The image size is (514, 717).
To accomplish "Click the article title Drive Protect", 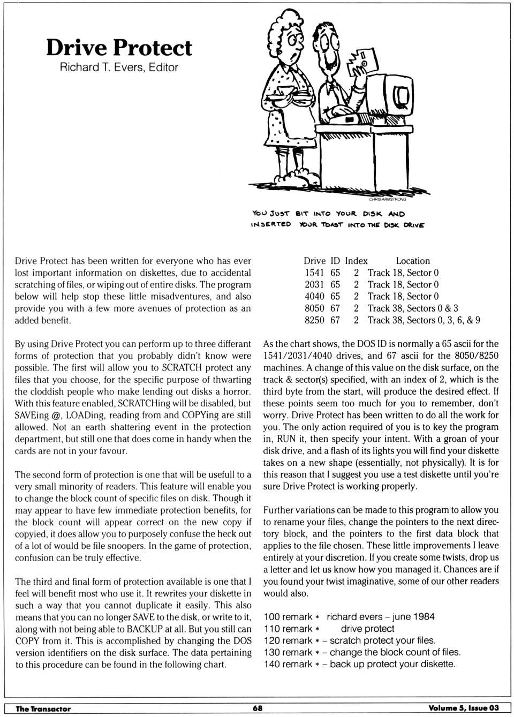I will (x=118, y=48).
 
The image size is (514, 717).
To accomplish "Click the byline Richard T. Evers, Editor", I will (x=118, y=67).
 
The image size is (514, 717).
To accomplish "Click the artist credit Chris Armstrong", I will (x=387, y=199).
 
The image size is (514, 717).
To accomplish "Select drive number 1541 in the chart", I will (x=314, y=273).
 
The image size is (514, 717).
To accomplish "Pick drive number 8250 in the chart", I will (x=314, y=320).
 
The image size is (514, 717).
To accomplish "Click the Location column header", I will (x=413, y=261).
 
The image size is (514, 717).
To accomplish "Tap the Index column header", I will (x=356, y=261).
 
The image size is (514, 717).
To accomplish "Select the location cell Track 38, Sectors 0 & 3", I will (x=413, y=308).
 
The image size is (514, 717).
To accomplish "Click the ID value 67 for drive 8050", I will (x=335, y=308).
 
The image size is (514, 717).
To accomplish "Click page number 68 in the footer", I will (x=258, y=708).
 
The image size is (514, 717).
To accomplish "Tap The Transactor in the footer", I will (x=43, y=708).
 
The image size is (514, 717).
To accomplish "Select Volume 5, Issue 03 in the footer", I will (x=463, y=708).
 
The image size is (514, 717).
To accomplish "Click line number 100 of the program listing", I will (x=272, y=617).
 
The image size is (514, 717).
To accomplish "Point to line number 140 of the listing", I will (x=272, y=664).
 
